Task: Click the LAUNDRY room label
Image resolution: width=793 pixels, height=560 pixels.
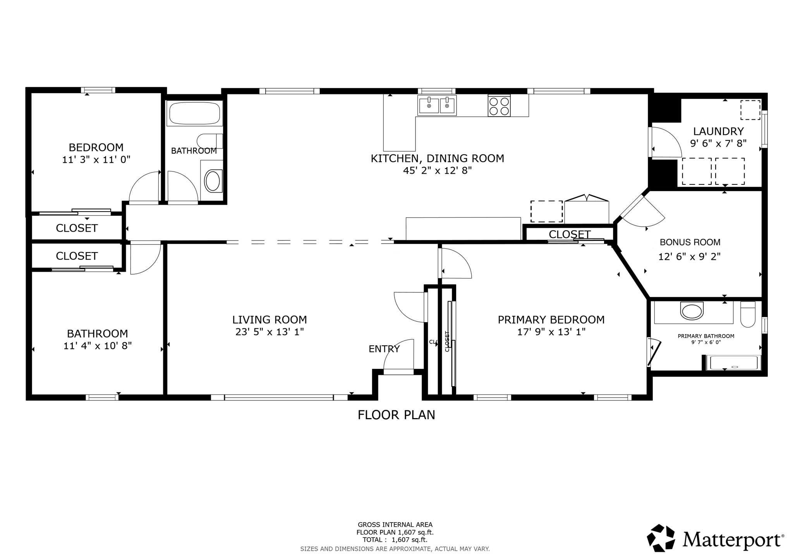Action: click(x=718, y=131)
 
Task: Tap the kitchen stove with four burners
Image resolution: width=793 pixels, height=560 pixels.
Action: click(x=499, y=106)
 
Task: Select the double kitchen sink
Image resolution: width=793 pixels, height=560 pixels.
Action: click(x=437, y=105)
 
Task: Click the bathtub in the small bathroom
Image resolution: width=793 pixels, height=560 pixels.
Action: click(x=194, y=113)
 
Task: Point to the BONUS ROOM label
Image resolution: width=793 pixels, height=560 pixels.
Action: click(x=690, y=242)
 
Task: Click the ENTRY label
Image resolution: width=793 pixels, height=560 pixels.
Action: click(x=384, y=349)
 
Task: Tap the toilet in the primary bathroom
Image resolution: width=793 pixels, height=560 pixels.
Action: click(x=747, y=314)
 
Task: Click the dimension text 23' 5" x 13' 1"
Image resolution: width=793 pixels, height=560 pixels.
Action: click(x=269, y=332)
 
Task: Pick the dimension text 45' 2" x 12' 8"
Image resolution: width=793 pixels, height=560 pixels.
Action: click(x=437, y=171)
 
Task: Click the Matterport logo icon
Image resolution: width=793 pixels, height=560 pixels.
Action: click(x=661, y=538)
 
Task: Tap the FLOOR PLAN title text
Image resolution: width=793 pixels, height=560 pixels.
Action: click(x=396, y=415)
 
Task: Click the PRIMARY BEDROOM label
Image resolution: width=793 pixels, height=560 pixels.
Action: click(x=551, y=320)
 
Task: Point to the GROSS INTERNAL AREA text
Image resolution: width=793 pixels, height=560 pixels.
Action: click(x=395, y=525)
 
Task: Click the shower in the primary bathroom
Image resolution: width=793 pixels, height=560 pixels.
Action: click(x=732, y=363)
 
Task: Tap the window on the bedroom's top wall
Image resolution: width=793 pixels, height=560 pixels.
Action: click(x=98, y=90)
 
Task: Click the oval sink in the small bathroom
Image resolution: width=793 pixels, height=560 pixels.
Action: click(x=212, y=181)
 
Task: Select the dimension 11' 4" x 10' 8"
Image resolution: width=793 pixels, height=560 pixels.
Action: click(x=98, y=346)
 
